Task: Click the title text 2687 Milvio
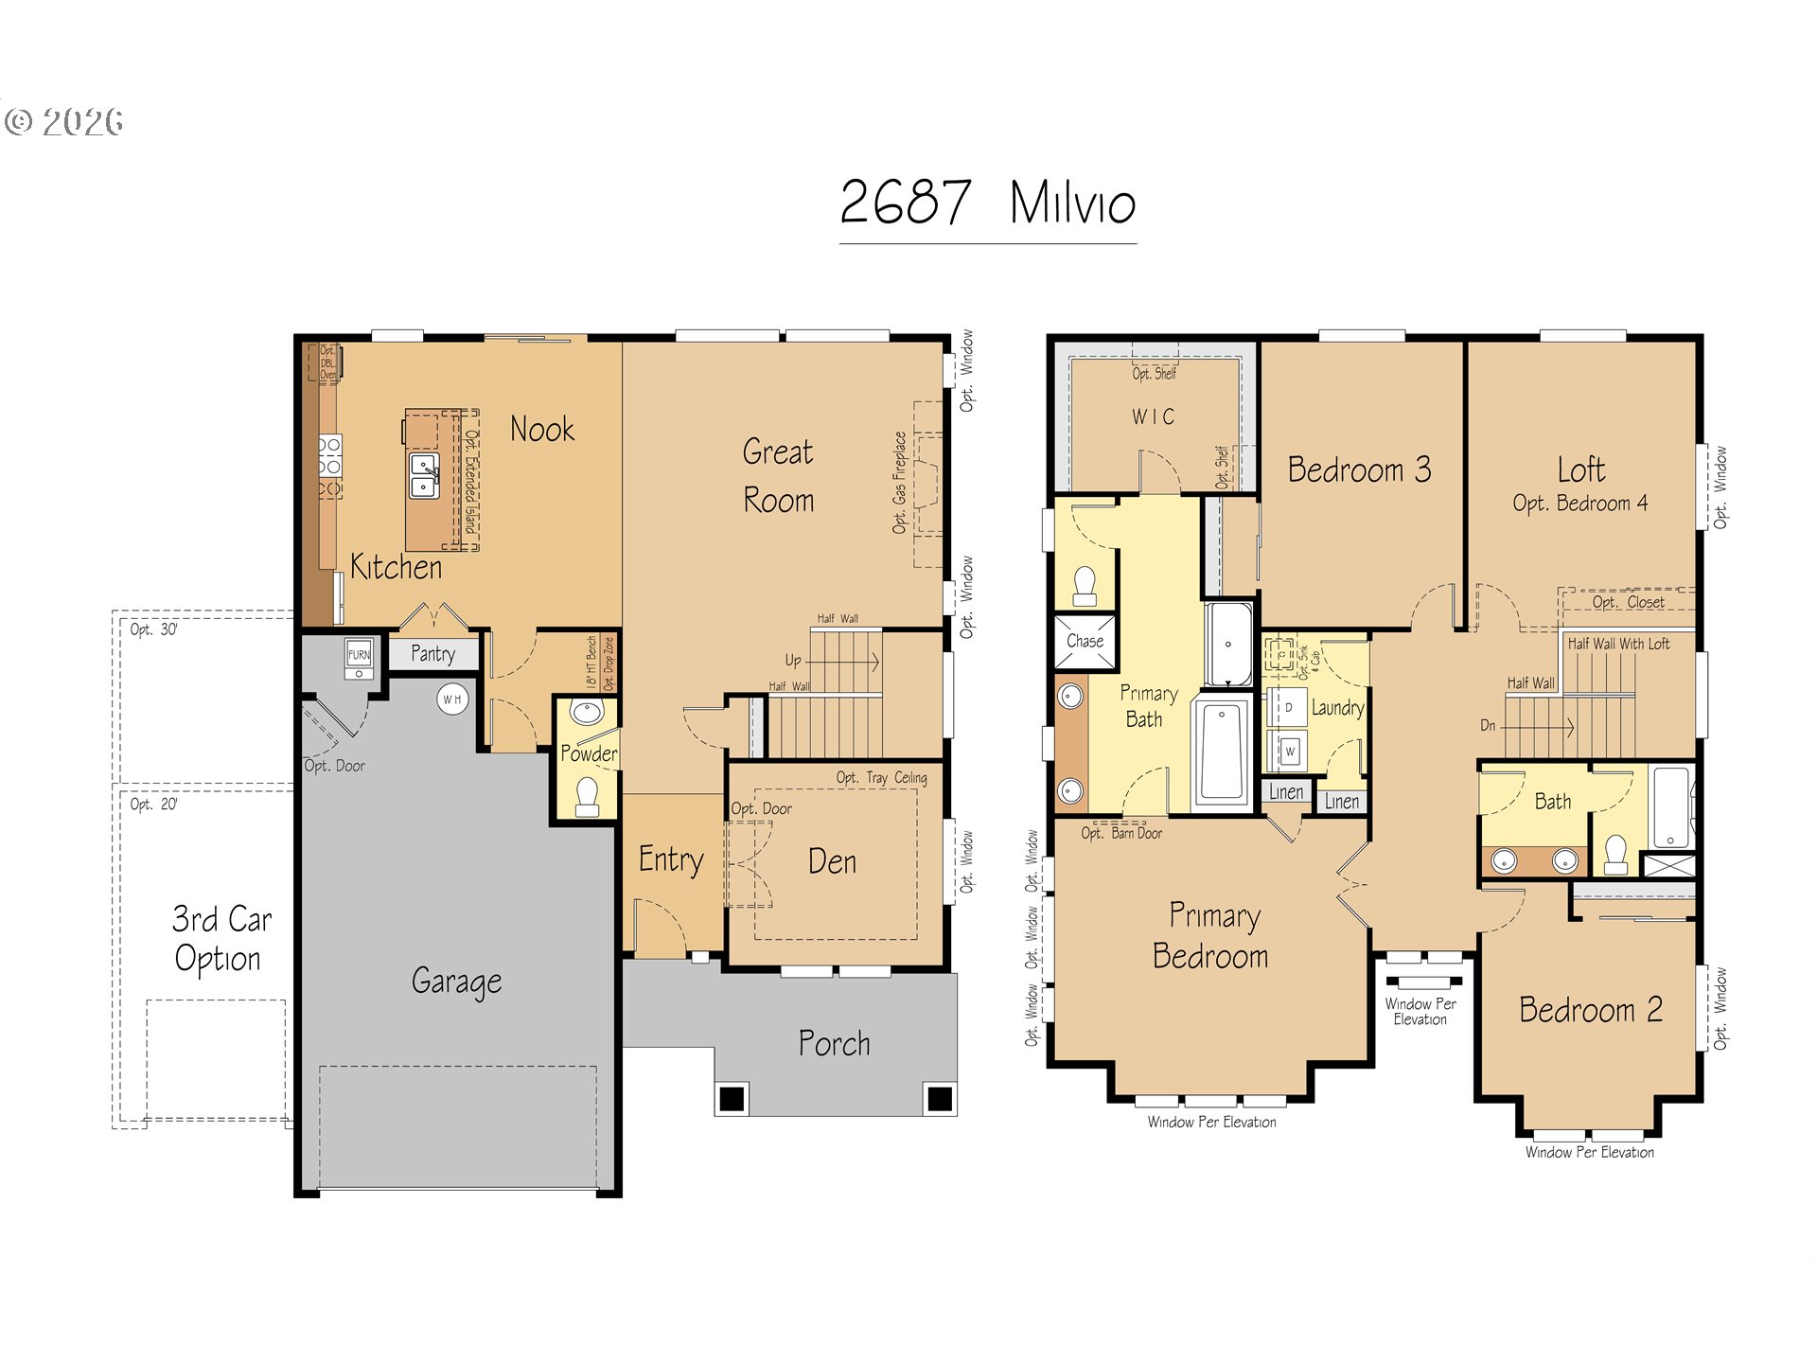[987, 203]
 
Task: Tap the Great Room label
[778, 475]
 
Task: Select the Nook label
[541, 430]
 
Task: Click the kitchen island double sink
[424, 475]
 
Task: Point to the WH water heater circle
[452, 699]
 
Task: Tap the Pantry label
[432, 653]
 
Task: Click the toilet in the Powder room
[588, 796]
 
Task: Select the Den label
[832, 861]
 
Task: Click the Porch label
[834, 1043]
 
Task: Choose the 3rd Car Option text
[221, 939]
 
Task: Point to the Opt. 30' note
[153, 629]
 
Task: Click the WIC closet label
[1153, 416]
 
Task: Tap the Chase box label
[1085, 641]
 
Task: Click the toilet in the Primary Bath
[1085, 586]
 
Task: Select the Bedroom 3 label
[1359, 469]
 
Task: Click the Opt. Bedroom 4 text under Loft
[1579, 504]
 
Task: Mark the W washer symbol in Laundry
[1289, 752]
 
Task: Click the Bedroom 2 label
[1590, 1010]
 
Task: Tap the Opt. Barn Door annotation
[1121, 833]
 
